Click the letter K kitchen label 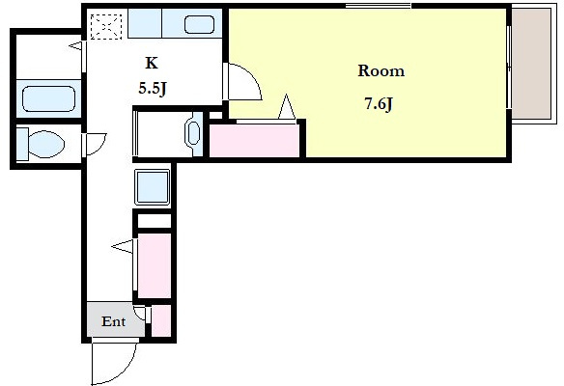coord(152,63)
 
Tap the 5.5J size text coord(153,88)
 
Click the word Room coord(381,70)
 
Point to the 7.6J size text coord(379,104)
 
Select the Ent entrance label coord(113,321)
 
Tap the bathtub coord(48,98)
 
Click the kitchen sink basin coord(199,25)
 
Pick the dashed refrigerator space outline coord(106,27)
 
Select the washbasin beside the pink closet coord(193,133)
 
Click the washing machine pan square coord(153,187)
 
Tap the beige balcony coord(531,64)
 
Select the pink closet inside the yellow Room coord(254,141)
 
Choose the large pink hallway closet coord(155,265)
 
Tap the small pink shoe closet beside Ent coord(160,320)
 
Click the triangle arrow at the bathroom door coord(75,46)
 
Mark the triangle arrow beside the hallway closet coord(123,246)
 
